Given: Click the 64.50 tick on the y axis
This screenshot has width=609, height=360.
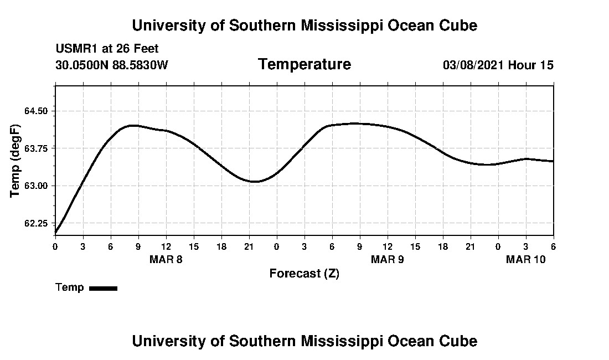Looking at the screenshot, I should click(x=37, y=111).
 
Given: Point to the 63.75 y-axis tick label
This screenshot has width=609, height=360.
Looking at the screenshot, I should click(x=37, y=148).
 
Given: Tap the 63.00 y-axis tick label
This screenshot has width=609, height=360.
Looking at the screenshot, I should click(x=37, y=186).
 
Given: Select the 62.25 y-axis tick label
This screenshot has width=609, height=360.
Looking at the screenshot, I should click(x=37, y=223).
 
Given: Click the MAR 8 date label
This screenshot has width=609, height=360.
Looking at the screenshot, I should click(x=166, y=260).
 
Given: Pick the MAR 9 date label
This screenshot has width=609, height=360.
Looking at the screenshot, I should click(x=388, y=260).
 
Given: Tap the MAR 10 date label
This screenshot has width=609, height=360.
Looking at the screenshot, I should click(x=526, y=260).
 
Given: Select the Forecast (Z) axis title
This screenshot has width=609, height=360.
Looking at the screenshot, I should click(x=304, y=274).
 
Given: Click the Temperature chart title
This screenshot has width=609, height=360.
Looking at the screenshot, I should click(x=304, y=65).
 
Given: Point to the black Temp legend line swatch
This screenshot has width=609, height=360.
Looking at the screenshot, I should click(x=103, y=288).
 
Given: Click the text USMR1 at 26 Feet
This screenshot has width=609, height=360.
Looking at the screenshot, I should click(x=107, y=49).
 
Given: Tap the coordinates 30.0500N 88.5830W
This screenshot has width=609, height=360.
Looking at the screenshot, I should click(x=111, y=65).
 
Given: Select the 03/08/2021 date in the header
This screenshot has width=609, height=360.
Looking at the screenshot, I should click(x=473, y=65).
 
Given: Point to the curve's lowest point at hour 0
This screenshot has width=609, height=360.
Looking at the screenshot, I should click(x=56, y=233).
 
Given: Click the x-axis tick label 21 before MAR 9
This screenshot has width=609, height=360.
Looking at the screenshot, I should click(x=249, y=246).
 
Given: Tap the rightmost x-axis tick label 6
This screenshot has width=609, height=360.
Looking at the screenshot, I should click(x=553, y=246).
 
